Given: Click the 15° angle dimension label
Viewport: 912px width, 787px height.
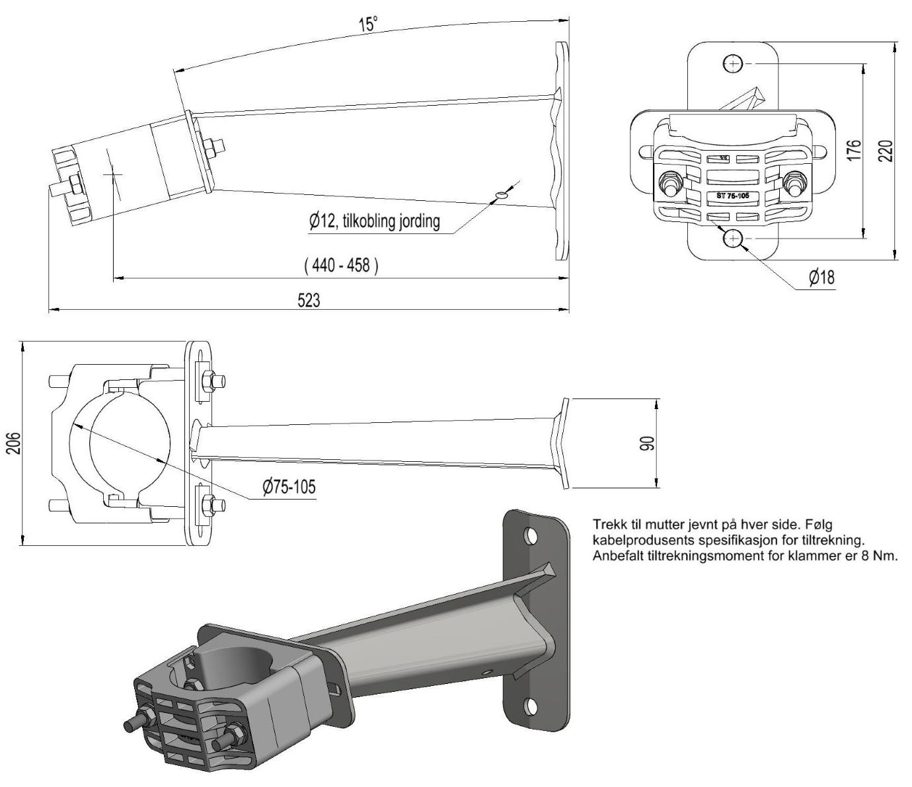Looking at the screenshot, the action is tap(368, 24).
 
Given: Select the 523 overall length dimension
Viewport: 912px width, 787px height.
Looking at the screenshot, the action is tap(309, 301).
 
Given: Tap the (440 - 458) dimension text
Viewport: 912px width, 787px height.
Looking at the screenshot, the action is tap(341, 266).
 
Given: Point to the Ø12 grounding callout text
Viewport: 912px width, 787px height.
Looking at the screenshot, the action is tap(374, 221).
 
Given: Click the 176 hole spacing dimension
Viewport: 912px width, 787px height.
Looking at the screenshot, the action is tap(855, 151).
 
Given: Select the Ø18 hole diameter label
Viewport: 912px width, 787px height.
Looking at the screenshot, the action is tap(821, 277).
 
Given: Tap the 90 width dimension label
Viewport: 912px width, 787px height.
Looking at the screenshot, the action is tap(649, 443).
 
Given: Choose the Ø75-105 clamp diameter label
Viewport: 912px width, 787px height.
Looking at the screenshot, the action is tap(289, 487).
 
